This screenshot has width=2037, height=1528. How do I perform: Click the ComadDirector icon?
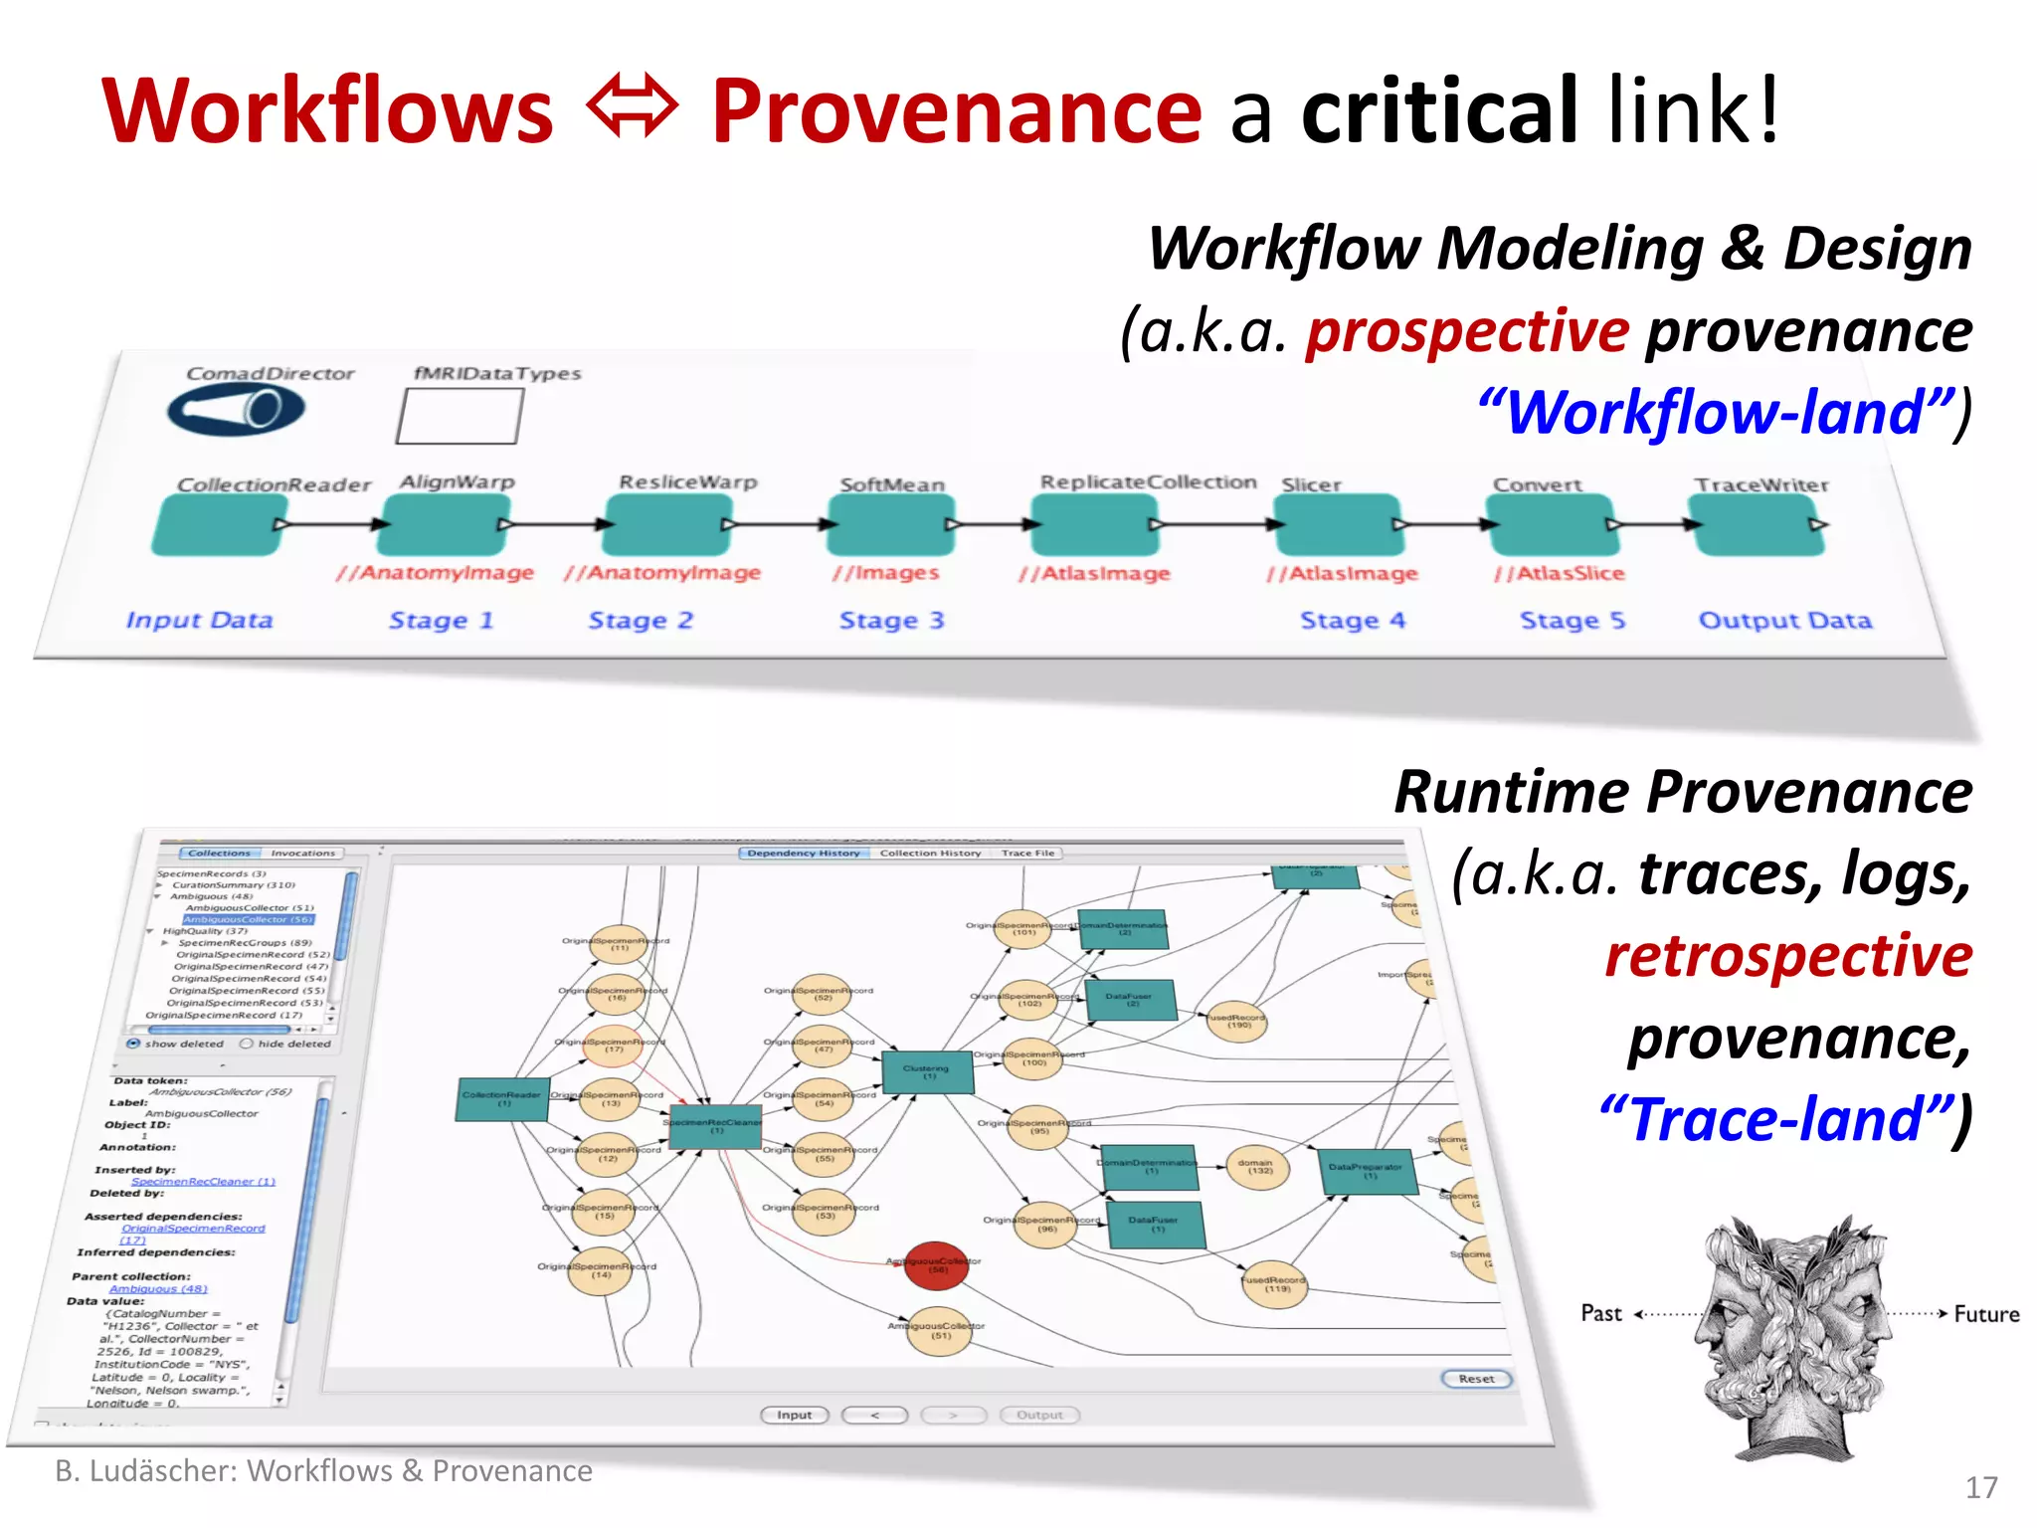tap(236, 409)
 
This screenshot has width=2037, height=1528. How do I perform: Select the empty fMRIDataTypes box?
tap(460, 416)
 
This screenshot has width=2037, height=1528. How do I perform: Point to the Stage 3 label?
tap(891, 621)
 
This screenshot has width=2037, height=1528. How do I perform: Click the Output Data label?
tap(1784, 621)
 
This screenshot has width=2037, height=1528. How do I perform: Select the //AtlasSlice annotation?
tap(1559, 573)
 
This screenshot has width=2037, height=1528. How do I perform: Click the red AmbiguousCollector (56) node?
tap(936, 1265)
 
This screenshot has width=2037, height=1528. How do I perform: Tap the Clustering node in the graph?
tap(927, 1071)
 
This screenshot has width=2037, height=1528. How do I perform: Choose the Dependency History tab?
tap(803, 853)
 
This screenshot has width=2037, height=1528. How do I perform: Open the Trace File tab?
tap(1027, 853)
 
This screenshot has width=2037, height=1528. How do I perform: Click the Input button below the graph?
tap(794, 1415)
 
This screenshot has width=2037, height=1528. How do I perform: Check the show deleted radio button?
tap(133, 1044)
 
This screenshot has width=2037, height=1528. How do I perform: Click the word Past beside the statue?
tap(1600, 1313)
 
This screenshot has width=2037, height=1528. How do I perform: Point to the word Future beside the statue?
tap(1985, 1314)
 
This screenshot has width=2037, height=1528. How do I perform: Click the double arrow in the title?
tap(633, 107)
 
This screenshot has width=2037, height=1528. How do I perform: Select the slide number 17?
tap(1980, 1487)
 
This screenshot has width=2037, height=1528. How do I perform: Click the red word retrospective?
tap(1787, 956)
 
